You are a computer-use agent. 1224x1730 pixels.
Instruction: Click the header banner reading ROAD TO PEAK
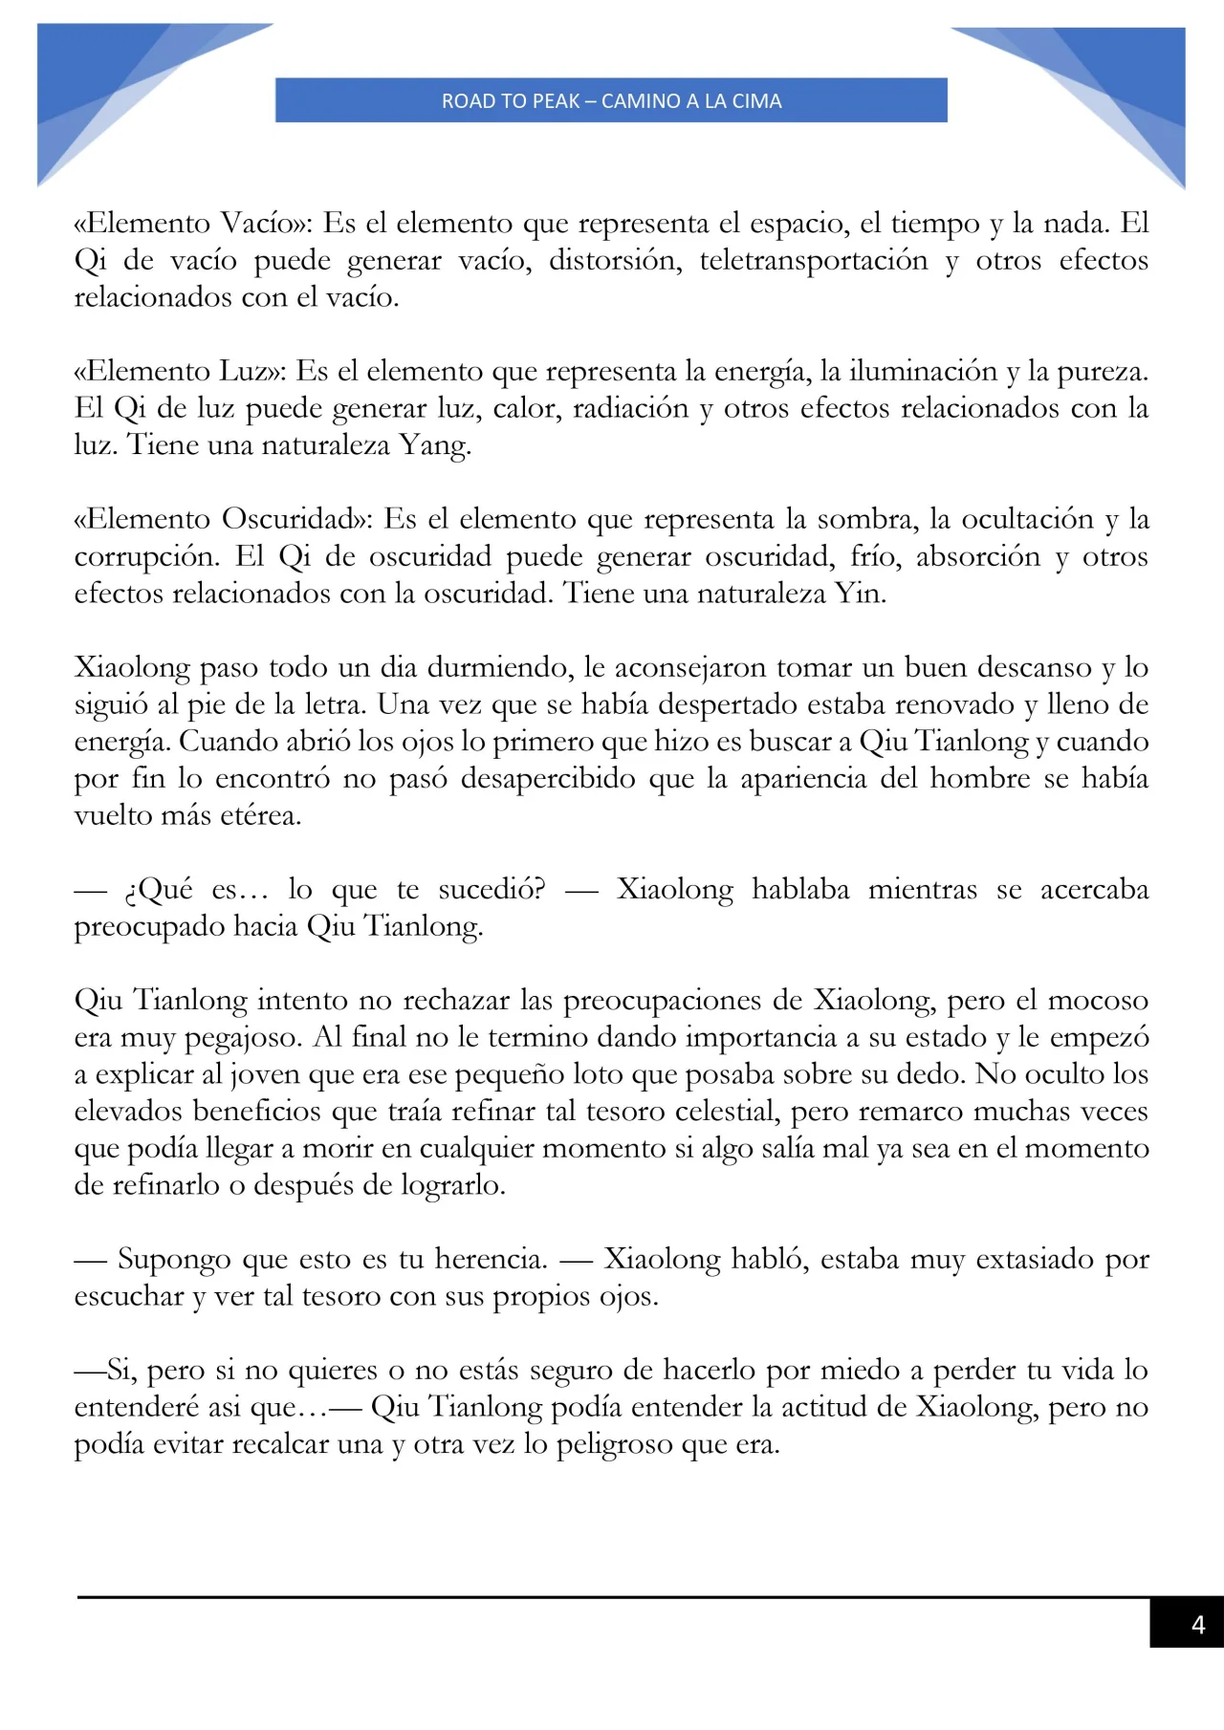tap(611, 100)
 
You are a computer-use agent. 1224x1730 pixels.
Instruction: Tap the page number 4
tap(1197, 1625)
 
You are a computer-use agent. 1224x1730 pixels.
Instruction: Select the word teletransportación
tap(814, 261)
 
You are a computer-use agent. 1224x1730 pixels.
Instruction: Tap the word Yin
tap(861, 595)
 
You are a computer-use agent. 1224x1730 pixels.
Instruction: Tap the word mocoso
tap(1099, 1001)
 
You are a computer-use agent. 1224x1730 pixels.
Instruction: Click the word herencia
tap(492, 1260)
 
